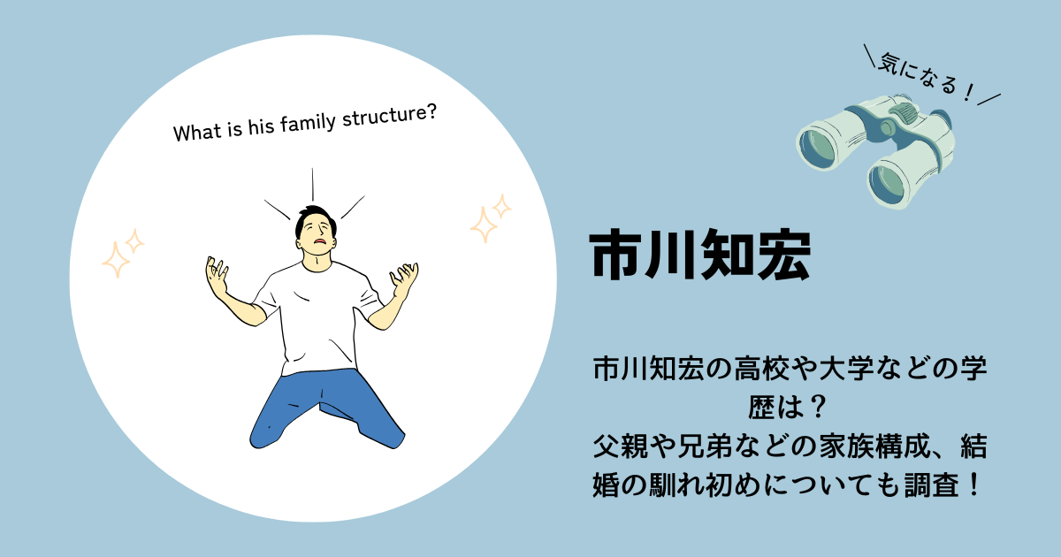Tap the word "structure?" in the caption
[x=389, y=116]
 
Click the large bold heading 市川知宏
[x=700, y=255]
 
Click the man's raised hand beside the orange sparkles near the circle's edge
[x=217, y=276]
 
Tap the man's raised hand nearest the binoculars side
[x=404, y=279]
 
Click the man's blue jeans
[x=327, y=408]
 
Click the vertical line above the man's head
[x=313, y=185]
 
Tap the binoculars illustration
[x=875, y=151]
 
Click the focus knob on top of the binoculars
[x=903, y=111]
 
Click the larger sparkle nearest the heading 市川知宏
[x=484, y=225]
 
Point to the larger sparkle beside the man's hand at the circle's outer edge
[x=116, y=259]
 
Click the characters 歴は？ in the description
[x=788, y=408]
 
